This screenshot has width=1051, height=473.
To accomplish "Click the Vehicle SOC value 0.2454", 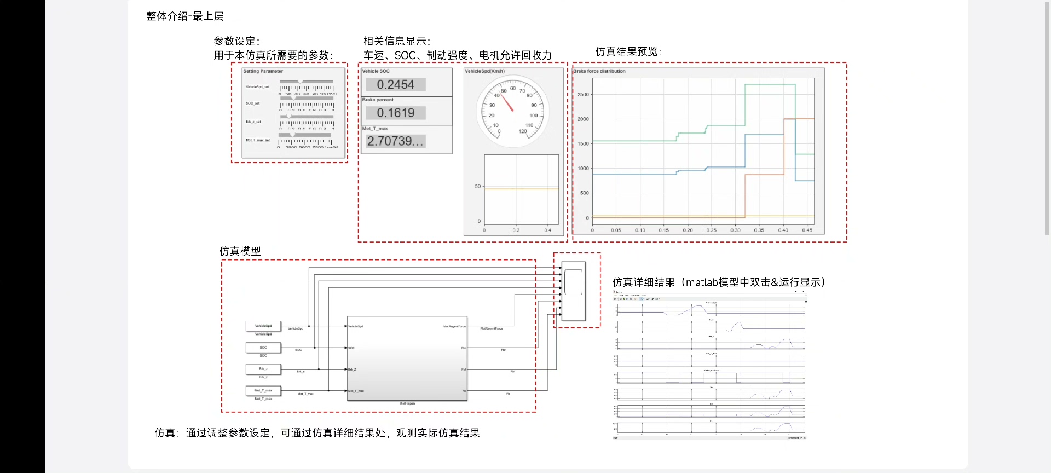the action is point(395,85).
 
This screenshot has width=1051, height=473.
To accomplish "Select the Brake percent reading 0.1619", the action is point(395,113).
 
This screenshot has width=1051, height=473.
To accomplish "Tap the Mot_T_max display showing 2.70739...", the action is point(395,141).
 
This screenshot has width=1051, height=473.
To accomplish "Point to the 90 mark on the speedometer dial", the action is point(534,105).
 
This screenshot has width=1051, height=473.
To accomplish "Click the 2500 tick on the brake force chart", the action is point(583,95).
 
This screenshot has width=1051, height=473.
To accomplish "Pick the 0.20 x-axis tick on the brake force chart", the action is point(688,230).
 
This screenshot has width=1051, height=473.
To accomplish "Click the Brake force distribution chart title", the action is point(599,71).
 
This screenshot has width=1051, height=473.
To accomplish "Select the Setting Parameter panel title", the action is point(263,71).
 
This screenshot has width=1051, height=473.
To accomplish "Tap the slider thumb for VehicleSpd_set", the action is point(300,82).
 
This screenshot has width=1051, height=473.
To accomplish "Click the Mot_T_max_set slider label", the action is point(257,140).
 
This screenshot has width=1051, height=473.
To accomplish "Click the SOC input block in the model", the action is point(263,348).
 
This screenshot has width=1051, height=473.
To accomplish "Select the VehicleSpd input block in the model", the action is point(263,326).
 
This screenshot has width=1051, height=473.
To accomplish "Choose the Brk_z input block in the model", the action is point(263,369).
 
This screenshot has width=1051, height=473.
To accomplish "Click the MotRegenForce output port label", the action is point(454,327).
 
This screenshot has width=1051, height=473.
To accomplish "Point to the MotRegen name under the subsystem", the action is point(407,403).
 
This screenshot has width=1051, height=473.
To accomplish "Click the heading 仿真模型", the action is point(240,251).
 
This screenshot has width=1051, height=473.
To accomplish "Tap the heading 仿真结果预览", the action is point(628,51).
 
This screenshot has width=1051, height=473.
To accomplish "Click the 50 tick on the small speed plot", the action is point(478,187).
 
